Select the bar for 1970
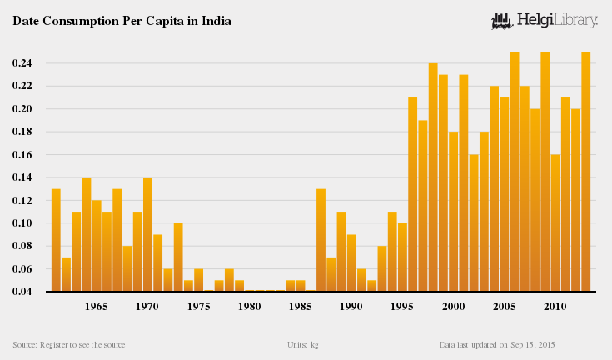tap(147, 234)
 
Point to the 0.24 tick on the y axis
tap(22, 63)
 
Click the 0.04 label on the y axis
tap(22, 292)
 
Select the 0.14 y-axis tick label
tap(22, 177)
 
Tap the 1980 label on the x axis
tap(250, 307)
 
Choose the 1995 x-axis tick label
tap(402, 307)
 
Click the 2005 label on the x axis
tap(505, 307)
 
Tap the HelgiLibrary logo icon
tap(501, 19)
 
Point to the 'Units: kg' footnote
tap(302, 344)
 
